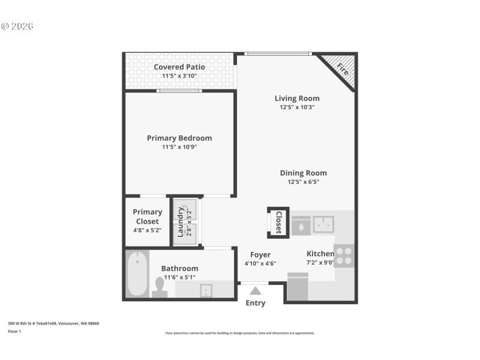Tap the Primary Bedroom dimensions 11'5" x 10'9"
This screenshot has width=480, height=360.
179,147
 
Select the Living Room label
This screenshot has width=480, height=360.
297,98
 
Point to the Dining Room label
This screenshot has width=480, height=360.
303,173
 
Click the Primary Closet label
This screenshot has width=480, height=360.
147,217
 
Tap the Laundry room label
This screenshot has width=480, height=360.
180,222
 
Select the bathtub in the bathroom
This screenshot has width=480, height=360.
137,274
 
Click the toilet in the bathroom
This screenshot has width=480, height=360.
160,286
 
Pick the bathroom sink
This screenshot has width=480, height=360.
206,290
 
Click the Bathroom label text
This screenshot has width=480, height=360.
179,268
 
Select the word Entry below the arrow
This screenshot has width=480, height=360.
256,303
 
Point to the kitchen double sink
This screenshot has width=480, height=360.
323,224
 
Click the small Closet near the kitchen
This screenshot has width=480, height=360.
278,222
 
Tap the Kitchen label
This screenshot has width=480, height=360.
320,254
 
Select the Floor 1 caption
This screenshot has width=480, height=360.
14,331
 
